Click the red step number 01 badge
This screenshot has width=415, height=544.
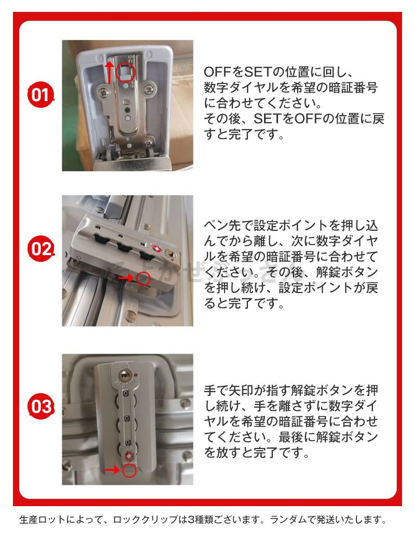pyautogui.click(x=40, y=94)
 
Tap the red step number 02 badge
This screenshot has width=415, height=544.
pyautogui.click(x=40, y=249)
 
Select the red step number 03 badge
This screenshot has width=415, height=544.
pyautogui.click(x=40, y=406)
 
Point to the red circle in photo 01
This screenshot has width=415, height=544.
pyautogui.click(x=125, y=72)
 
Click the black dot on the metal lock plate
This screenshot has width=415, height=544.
pyautogui.click(x=128, y=109)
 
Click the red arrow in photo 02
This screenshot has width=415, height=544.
pyautogui.click(x=126, y=278)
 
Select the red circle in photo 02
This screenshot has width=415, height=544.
pyautogui.click(x=143, y=278)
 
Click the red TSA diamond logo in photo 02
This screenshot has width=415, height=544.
pyautogui.click(x=157, y=249)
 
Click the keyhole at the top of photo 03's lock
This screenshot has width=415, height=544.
pyautogui.click(x=125, y=375)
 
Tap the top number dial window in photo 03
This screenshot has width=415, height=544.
pyautogui.click(x=126, y=394)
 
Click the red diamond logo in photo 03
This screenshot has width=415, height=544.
pyautogui.click(x=127, y=455)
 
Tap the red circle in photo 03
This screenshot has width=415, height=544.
pyautogui.click(x=129, y=470)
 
